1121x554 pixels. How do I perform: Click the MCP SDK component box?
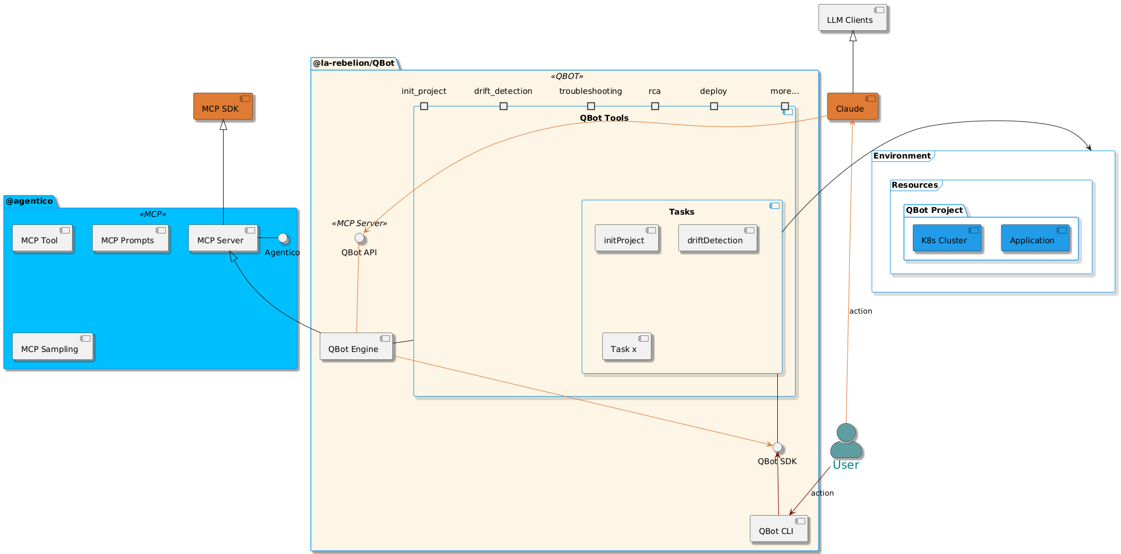click(222, 106)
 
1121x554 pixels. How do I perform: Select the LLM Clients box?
click(852, 18)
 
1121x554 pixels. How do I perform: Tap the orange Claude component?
click(852, 106)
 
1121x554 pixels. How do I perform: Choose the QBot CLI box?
click(778, 529)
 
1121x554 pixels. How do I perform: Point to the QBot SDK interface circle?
click(777, 447)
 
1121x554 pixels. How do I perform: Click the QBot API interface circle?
click(359, 238)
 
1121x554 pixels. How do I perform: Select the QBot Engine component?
click(356, 347)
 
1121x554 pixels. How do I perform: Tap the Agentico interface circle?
click(282, 238)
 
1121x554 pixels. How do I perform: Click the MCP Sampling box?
click(52, 347)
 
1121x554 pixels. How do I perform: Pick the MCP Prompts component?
click(130, 238)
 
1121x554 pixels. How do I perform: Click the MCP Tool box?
click(42, 238)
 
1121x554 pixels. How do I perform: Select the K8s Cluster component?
click(947, 238)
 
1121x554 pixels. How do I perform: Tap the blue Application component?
click(1035, 238)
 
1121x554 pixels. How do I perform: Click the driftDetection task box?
click(717, 238)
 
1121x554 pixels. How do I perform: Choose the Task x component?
click(626, 347)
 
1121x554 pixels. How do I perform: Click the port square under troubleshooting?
click(591, 106)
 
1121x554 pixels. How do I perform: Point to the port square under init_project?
click(424, 106)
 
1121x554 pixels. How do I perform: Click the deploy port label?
click(713, 91)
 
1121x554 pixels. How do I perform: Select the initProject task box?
click(626, 238)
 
